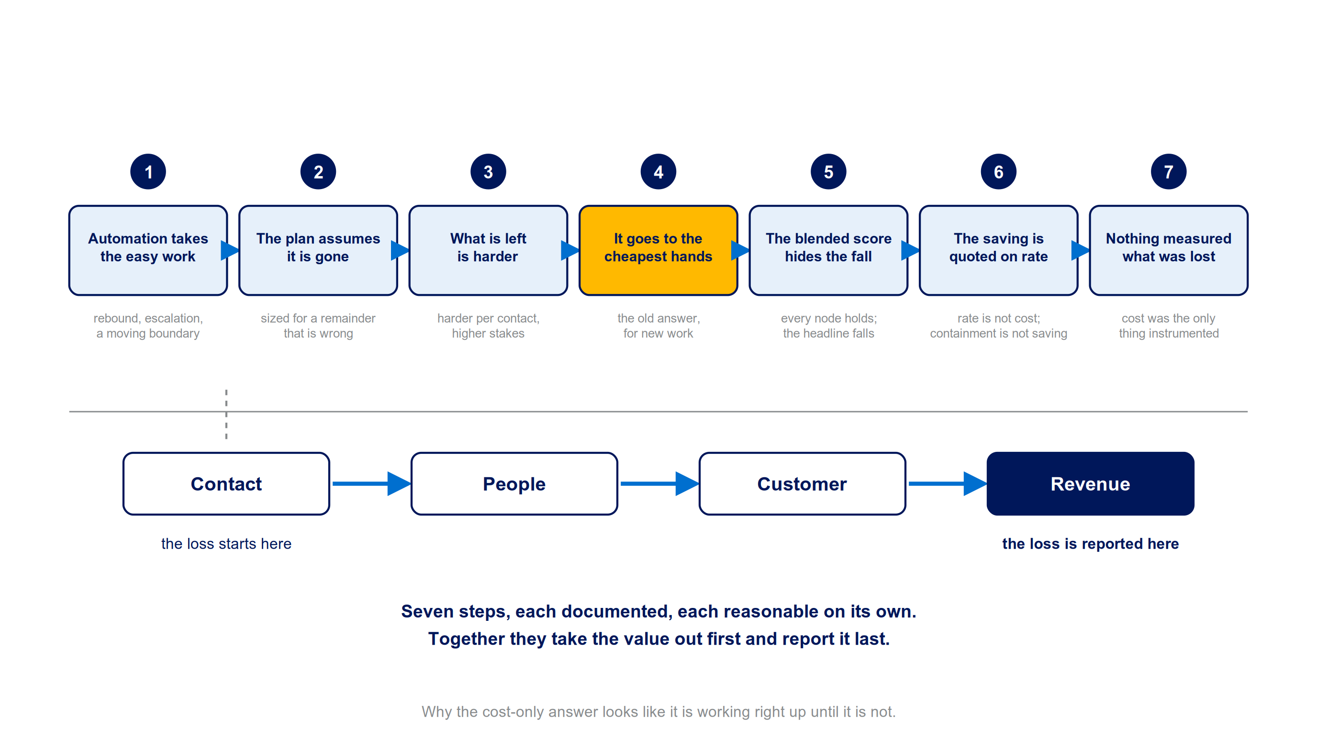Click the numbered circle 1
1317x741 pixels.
point(148,172)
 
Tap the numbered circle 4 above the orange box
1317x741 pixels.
point(658,172)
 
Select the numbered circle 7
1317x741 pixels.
point(1168,172)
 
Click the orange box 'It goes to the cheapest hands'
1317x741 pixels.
point(658,250)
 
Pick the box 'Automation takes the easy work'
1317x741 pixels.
point(148,250)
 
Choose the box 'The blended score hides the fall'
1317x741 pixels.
point(828,250)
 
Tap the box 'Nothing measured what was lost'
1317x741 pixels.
point(1168,250)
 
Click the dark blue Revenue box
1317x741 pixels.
point(1090,484)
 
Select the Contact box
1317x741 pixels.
point(226,484)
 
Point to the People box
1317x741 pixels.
point(514,484)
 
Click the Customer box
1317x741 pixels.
point(802,484)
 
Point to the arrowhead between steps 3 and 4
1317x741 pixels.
point(570,250)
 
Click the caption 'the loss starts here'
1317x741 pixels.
point(226,544)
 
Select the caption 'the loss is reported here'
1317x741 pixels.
point(1090,544)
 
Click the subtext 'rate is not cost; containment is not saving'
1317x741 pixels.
point(998,326)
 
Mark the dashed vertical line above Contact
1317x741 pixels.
point(226,414)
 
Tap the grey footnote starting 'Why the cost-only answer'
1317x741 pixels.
point(658,712)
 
